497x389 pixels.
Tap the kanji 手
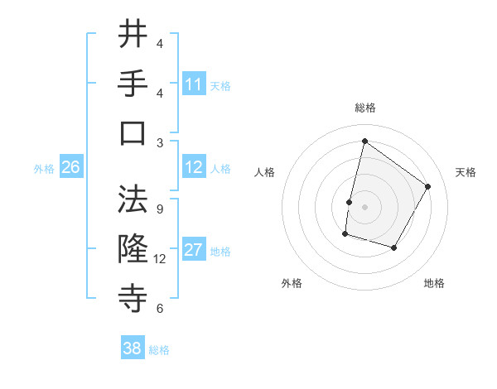click(133, 83)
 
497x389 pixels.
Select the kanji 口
click(133, 132)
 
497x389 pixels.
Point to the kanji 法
click(133, 199)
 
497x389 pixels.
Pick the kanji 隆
click(133, 248)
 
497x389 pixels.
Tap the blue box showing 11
click(194, 84)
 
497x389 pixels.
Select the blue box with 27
click(194, 250)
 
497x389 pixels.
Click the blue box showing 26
click(70, 167)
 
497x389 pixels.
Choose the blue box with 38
click(133, 348)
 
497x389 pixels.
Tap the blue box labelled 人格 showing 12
click(194, 167)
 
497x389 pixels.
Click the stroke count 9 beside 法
click(160, 209)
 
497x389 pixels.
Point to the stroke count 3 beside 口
click(160, 142)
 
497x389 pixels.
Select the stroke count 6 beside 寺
click(160, 309)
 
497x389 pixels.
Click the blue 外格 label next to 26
click(44, 169)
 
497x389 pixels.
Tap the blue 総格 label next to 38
click(159, 350)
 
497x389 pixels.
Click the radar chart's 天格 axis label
click(466, 172)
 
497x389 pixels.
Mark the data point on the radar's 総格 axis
click(364, 141)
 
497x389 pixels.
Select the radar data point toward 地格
click(394, 248)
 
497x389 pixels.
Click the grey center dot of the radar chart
click(364, 207)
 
